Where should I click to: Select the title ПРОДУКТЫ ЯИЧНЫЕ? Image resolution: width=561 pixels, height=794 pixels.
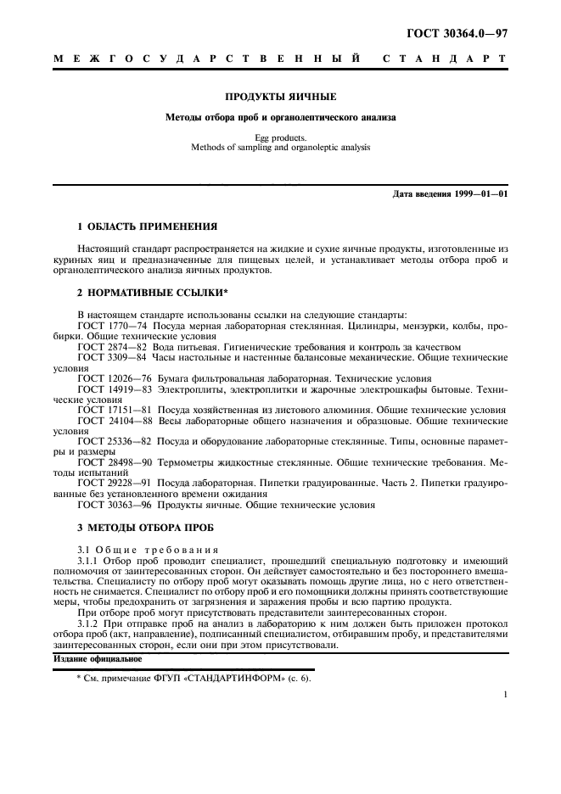coord(280,97)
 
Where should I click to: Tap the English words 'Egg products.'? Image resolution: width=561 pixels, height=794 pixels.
coord(280,137)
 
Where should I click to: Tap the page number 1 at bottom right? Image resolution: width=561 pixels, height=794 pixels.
coord(505,694)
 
